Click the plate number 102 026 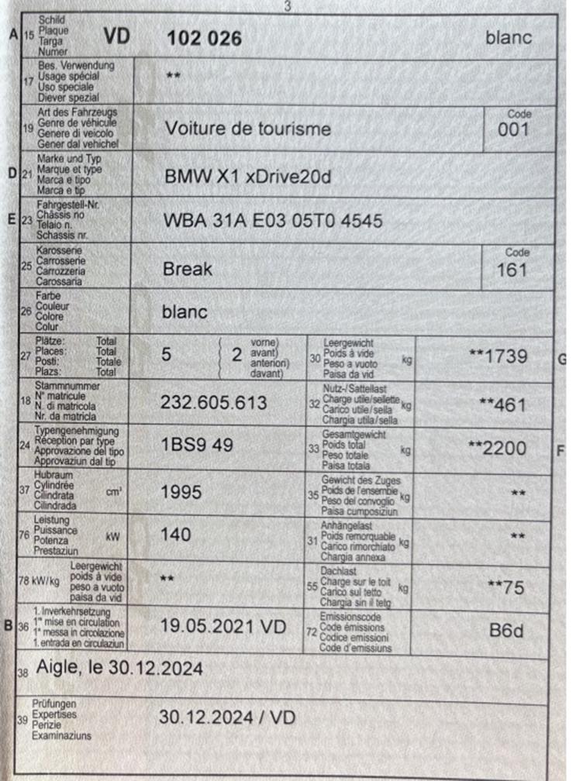click(x=205, y=38)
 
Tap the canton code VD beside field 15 click(x=119, y=36)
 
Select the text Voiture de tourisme click(x=247, y=129)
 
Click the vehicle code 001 click(x=513, y=129)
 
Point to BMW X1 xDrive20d click(x=247, y=177)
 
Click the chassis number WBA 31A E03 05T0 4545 click(x=272, y=221)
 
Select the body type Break click(x=187, y=270)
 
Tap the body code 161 click(x=512, y=270)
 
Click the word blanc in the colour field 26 click(x=185, y=312)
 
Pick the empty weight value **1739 click(x=498, y=356)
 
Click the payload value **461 click(x=502, y=404)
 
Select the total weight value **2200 click(x=497, y=448)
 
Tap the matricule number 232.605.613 click(x=213, y=402)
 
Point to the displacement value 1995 click(x=181, y=492)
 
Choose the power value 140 click(x=175, y=534)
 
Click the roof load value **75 click(x=506, y=587)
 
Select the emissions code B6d click(x=505, y=630)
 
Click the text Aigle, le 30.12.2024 click(x=119, y=669)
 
